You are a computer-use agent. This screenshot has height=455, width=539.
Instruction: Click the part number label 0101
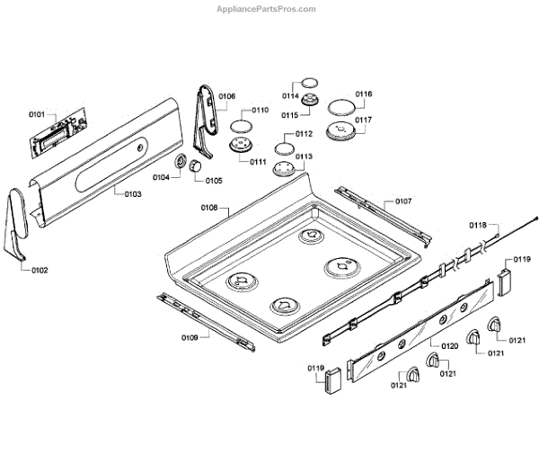click(37, 114)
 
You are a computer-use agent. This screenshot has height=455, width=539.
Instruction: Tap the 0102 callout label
click(39, 270)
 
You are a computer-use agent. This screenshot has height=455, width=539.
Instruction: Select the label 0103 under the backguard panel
click(133, 193)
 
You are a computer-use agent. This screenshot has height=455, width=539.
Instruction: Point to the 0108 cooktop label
click(209, 208)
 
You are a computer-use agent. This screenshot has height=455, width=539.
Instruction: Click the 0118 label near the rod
click(477, 225)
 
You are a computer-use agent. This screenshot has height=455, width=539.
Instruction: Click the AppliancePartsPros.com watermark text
click(268, 9)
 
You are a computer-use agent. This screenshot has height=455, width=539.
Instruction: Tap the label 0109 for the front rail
click(189, 337)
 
